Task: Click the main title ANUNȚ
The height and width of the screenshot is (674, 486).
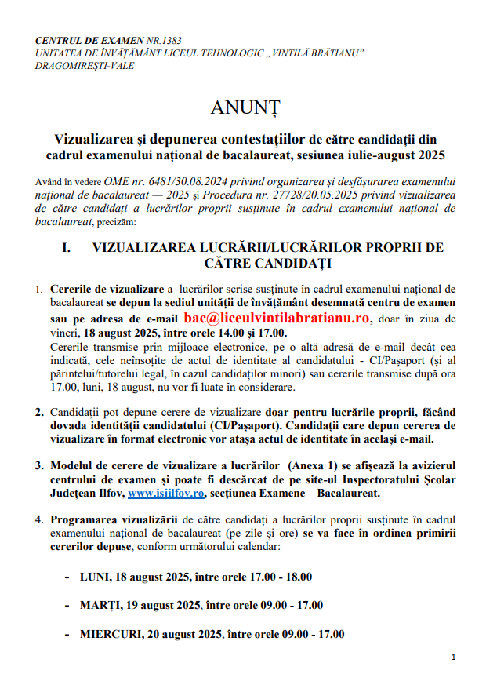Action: pos(244,106)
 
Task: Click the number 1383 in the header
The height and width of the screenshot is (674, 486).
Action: pos(164,41)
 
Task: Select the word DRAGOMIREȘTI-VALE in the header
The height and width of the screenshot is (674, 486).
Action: pos(85,66)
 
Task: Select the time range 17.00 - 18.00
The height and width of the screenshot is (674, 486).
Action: pos(279,577)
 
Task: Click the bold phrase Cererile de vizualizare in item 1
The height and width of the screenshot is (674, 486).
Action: pos(107,290)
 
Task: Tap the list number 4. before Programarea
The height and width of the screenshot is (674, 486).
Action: pos(39,519)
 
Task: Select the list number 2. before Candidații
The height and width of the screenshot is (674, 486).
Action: pos(39,412)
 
